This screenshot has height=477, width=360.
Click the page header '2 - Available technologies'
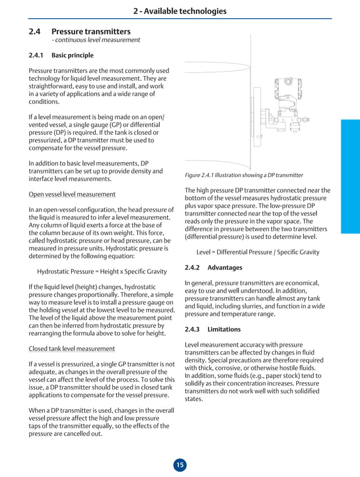179,11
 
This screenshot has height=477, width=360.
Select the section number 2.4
34,32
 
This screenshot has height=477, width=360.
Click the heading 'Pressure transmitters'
91,32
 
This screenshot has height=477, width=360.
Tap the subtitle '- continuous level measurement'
95,40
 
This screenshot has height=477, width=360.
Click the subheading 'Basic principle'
72,55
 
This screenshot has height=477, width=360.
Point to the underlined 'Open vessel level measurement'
72,195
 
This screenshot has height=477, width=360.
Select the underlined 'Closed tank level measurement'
72,348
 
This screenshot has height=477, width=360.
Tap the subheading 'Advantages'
225,267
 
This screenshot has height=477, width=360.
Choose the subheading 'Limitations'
224,329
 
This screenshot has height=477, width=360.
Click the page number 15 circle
179,465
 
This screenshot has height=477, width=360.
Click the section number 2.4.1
37,55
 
